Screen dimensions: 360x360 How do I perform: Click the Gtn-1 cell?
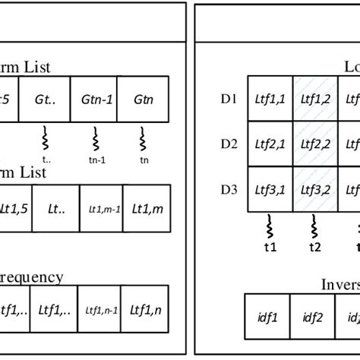(96, 99)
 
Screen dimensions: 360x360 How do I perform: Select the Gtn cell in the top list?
(142, 99)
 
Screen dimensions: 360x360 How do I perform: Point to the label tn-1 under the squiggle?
(96, 159)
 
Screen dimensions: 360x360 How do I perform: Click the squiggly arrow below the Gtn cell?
(142, 140)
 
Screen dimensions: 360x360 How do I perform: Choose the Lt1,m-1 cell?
(102, 206)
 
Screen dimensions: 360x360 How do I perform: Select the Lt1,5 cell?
(14, 206)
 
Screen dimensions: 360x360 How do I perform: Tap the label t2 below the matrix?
(313, 246)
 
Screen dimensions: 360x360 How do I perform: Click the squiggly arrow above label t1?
(270, 226)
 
